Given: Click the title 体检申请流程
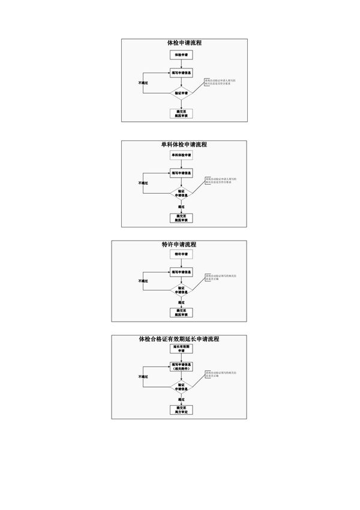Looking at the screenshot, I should [x=184, y=43].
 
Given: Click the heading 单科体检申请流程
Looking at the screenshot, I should [x=184, y=145].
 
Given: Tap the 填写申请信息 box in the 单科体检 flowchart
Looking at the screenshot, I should [x=181, y=172].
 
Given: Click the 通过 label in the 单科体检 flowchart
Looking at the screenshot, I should [x=181, y=206].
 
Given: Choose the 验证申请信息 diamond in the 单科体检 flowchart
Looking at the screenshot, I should [x=181, y=193].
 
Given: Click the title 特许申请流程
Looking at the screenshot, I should [x=179, y=245].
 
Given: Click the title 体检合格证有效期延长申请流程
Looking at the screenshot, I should [x=179, y=340].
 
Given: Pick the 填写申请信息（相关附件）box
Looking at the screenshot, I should [x=181, y=367].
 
